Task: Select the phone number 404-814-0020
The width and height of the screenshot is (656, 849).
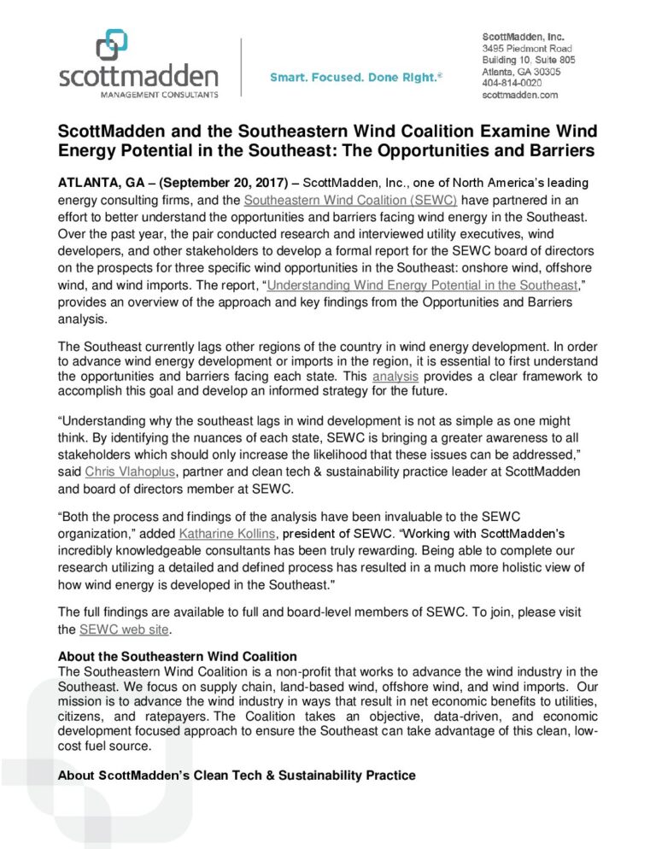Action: pos(512,84)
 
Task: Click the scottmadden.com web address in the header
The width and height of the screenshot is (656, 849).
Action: pos(520,96)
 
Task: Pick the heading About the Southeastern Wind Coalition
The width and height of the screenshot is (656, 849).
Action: pos(177,657)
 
